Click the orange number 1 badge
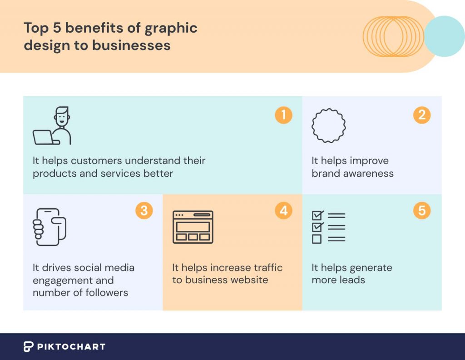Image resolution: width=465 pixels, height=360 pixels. [283, 115]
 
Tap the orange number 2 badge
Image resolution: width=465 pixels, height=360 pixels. [422, 115]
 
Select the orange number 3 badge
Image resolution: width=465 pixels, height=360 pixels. [144, 210]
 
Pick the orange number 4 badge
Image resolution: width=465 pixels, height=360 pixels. [283, 210]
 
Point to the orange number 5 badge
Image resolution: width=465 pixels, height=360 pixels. [422, 210]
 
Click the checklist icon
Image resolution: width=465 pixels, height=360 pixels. [329, 227]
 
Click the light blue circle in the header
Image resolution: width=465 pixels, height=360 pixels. [445, 36]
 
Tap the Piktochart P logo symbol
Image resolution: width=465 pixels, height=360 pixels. [28, 347]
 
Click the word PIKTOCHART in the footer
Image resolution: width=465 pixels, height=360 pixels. [71, 347]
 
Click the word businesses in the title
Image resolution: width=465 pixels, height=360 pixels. [131, 45]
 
